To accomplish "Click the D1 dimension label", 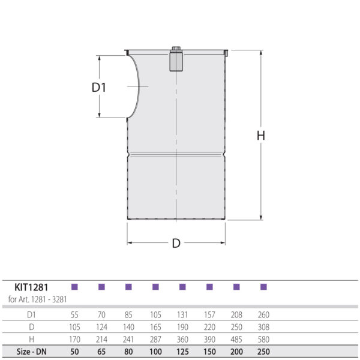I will point(99,88).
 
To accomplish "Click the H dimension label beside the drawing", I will point(260,136).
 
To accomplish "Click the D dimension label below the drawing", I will point(176,243).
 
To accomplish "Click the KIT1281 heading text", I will point(32,287).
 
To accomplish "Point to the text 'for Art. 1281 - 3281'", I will point(37,299).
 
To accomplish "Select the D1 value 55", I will point(75,314).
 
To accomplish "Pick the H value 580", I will point(263,339).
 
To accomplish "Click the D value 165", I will point(155,327).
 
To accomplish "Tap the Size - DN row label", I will point(31,352).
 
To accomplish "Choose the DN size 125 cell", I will point(182,352).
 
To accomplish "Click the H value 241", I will point(128,339).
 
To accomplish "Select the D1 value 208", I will point(236,314).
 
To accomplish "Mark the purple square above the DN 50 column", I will point(75,287).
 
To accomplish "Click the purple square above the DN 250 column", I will point(263,287).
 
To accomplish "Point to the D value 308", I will point(263,327).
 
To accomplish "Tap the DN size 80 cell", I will point(128,352).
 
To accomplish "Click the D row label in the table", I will point(31,327).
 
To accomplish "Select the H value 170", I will point(75,339).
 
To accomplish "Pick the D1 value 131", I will point(182,314).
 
